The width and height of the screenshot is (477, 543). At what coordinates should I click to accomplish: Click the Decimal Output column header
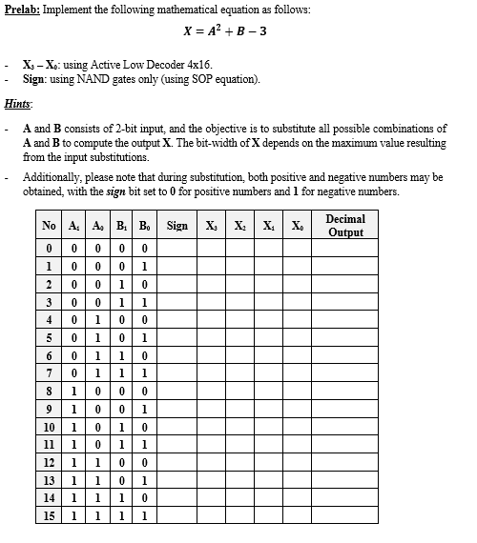pos(345,226)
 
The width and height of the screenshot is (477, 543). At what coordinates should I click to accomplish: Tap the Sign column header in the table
pos(177,227)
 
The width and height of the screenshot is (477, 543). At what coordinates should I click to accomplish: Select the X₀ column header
pos(298,227)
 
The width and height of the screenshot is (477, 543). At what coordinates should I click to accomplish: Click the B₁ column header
pos(119,227)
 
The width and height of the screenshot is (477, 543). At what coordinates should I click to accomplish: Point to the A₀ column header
pos(96,227)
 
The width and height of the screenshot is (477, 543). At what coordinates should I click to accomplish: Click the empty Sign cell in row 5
pos(177,335)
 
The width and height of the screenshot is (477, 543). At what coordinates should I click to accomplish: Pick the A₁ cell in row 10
pos(73,426)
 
